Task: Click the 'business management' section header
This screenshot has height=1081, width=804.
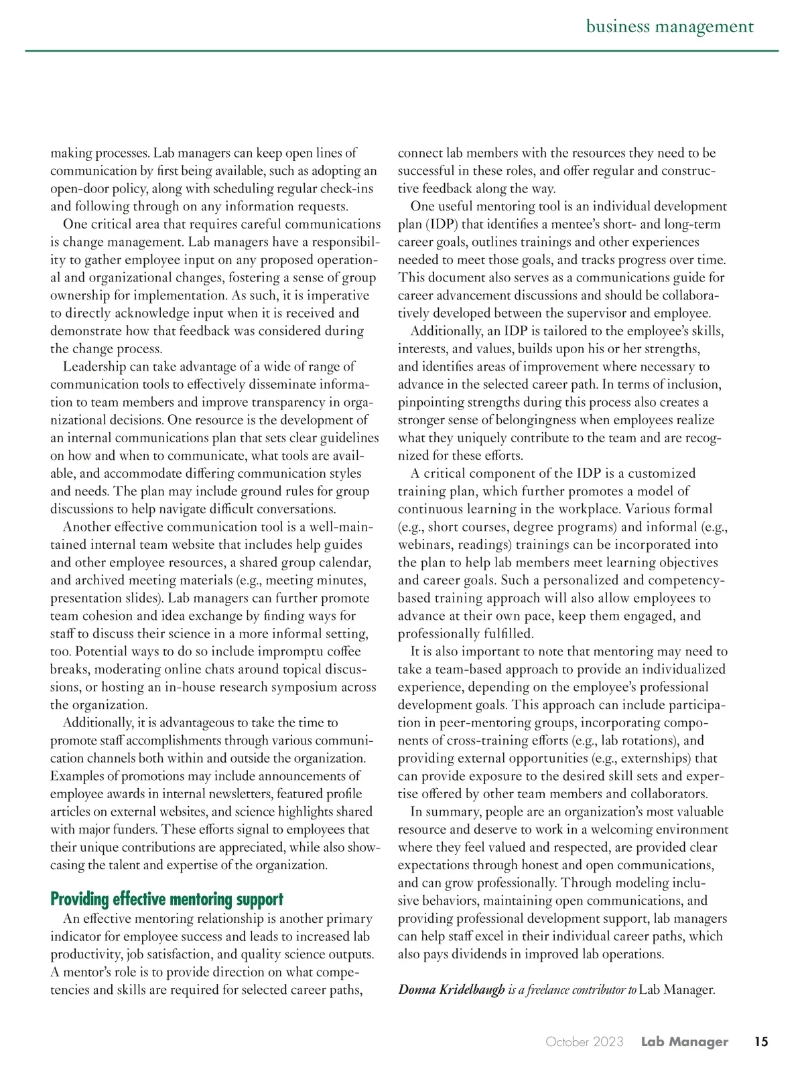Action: [x=669, y=27]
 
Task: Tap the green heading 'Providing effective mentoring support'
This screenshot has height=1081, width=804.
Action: [x=167, y=899]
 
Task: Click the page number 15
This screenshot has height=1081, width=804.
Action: [x=760, y=1041]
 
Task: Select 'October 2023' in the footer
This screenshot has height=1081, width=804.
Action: [x=584, y=1041]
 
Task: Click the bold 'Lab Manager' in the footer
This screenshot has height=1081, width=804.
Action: [x=684, y=1041]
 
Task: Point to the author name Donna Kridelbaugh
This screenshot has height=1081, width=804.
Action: [x=451, y=989]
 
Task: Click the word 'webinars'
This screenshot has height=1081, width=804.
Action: [x=424, y=544]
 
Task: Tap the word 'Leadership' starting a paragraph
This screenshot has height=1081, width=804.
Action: [x=94, y=366]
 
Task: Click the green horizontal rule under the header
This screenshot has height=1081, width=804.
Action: [x=402, y=51]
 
